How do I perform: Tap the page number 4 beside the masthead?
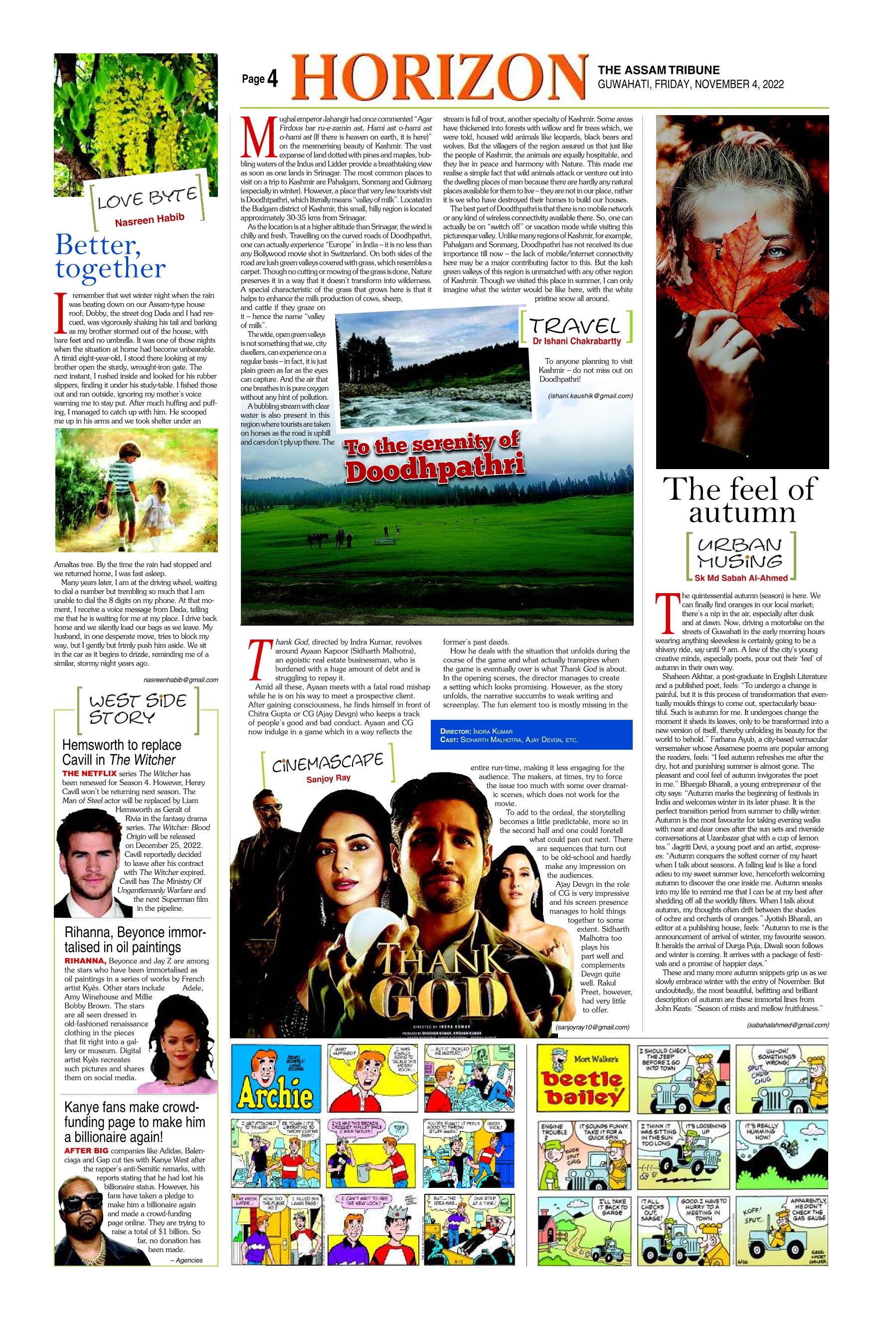[x=273, y=80]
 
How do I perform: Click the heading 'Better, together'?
[x=110, y=257]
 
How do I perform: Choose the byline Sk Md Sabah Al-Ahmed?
[x=741, y=578]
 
